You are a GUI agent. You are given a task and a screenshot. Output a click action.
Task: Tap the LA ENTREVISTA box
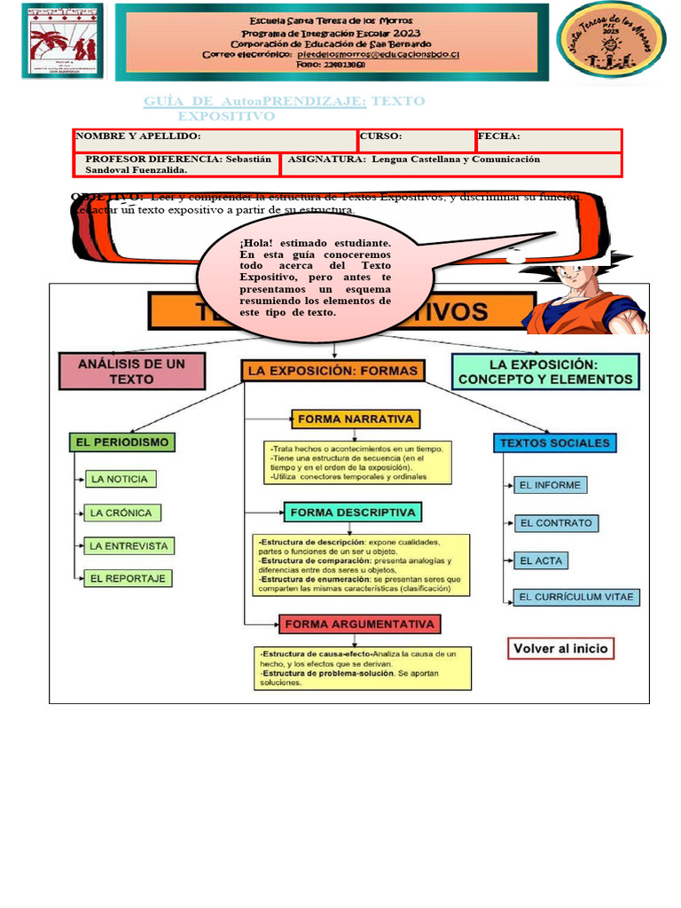(x=129, y=545)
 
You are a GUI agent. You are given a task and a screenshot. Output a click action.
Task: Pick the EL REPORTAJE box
(x=128, y=578)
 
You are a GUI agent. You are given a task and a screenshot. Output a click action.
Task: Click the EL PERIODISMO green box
(x=121, y=442)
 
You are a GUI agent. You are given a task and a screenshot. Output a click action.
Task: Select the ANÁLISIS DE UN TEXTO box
(x=132, y=372)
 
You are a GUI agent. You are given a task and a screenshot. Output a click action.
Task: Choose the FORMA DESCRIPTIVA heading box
(x=352, y=513)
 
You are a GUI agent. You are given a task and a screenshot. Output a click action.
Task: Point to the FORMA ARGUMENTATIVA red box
(x=360, y=624)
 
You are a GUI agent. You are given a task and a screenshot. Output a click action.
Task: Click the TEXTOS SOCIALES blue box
(x=554, y=442)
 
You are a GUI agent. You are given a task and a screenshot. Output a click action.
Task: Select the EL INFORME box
(x=550, y=485)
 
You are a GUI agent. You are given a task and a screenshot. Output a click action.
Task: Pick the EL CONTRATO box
(x=556, y=523)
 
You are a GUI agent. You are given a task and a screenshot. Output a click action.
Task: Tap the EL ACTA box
(x=540, y=560)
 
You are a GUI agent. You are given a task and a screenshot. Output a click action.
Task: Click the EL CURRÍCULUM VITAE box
(x=576, y=597)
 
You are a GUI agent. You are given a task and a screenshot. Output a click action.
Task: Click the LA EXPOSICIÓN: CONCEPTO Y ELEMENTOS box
(x=545, y=372)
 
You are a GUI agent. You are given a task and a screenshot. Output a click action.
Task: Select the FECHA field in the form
(x=548, y=140)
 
